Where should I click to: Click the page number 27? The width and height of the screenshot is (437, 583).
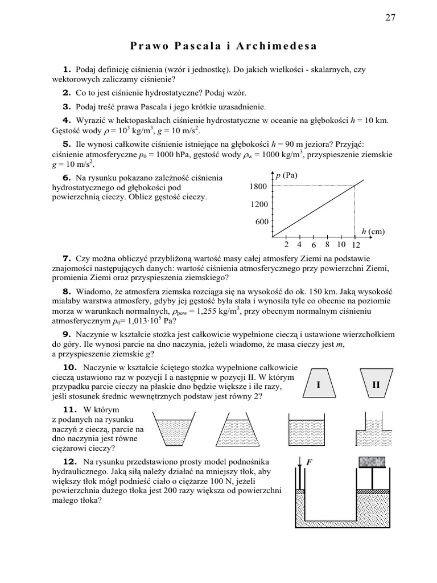pyautogui.click(x=390, y=17)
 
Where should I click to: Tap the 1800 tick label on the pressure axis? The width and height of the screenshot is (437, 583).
pyautogui.click(x=258, y=186)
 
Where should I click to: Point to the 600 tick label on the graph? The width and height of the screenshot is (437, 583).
pyautogui.click(x=261, y=222)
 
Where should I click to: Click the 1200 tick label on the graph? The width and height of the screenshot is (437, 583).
pyautogui.click(x=258, y=204)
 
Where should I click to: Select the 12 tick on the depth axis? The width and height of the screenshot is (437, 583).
pyautogui.click(x=356, y=245)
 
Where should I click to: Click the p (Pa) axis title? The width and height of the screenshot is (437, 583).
pyautogui.click(x=287, y=176)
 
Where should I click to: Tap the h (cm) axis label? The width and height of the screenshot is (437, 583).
pyautogui.click(x=373, y=231)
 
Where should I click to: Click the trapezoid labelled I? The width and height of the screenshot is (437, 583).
pyautogui.click(x=319, y=385)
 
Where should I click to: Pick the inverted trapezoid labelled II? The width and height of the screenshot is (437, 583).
pyautogui.click(x=376, y=385)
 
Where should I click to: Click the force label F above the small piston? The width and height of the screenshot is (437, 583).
pyautogui.click(x=310, y=463)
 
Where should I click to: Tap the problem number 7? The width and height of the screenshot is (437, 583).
pyautogui.click(x=66, y=258)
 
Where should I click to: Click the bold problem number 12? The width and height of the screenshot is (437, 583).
pyautogui.click(x=69, y=460)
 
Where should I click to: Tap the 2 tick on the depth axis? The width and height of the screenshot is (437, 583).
pyautogui.click(x=286, y=245)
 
